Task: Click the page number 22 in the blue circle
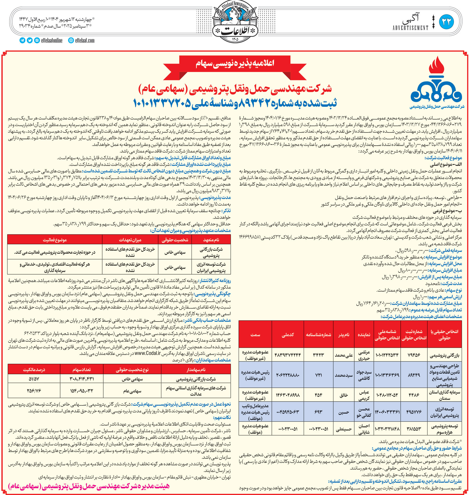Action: [446, 22]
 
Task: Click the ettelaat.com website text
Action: [85, 40]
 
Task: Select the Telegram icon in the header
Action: [22, 40]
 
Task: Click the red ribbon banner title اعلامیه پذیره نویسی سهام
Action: [235, 64]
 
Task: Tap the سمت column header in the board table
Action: [255, 335]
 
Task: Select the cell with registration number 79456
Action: [414, 355]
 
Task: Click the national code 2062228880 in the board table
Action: [288, 375]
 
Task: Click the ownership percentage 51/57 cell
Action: [34, 379]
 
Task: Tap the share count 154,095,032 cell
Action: [82, 391]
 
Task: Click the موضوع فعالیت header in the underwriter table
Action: [55, 240]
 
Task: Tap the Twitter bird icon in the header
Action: [29, 40]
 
